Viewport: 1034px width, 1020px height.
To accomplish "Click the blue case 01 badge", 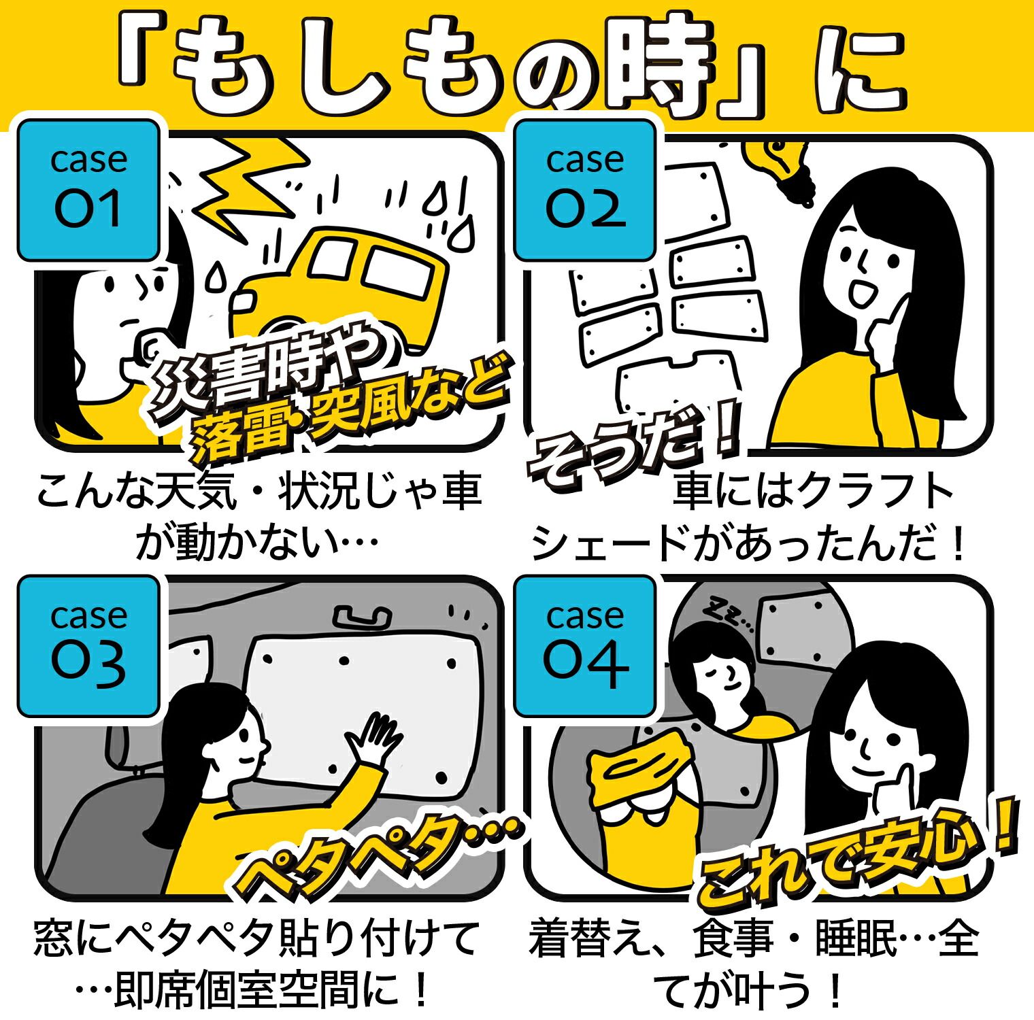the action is click(89, 190).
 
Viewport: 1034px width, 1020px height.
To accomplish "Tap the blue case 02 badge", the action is click(584, 190).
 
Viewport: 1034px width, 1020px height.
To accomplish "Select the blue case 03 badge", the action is click(89, 646).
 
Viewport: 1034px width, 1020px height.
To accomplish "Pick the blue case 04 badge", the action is click(584, 646).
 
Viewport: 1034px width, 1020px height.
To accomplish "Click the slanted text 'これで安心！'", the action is click(857, 860).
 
